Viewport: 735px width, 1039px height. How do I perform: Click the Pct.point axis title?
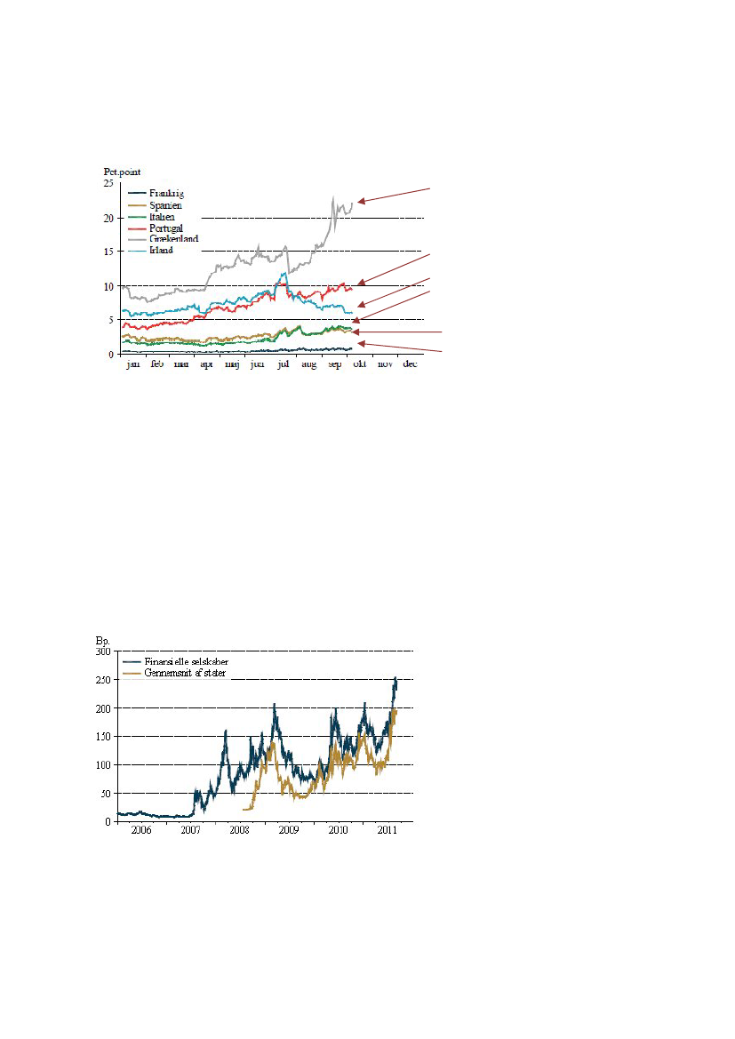coord(121,172)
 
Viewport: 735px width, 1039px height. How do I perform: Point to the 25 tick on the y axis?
coord(109,183)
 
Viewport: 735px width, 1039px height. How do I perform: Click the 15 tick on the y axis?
coord(109,252)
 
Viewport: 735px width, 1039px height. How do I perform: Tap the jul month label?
coord(284,364)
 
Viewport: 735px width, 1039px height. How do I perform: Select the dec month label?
coord(411,364)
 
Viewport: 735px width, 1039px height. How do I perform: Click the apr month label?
coord(206,364)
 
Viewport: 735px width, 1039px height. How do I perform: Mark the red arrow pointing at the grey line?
coord(394,196)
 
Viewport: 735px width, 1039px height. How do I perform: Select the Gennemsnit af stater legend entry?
coord(185,674)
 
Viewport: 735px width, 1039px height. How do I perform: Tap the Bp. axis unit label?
coord(100,640)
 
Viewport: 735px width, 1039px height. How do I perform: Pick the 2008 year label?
coord(240,830)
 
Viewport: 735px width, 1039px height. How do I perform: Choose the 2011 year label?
coord(387,830)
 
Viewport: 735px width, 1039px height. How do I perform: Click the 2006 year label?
coord(141,830)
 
